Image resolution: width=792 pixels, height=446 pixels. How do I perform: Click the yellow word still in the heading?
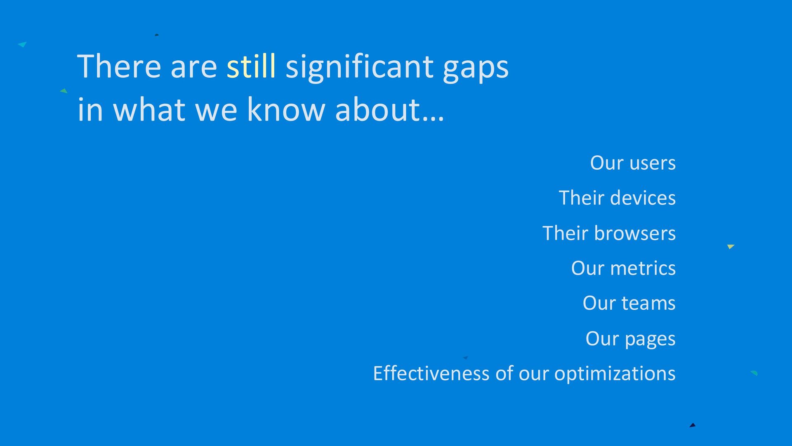coord(251,66)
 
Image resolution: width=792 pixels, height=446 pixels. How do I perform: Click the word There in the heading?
coord(119,66)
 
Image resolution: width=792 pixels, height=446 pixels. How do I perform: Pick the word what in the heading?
coord(149,109)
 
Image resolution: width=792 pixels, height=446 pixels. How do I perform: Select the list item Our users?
coord(633,163)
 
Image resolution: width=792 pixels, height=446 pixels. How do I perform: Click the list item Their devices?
coord(617,198)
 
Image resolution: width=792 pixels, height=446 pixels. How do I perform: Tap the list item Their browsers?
coord(609,233)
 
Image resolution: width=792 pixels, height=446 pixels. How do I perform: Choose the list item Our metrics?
coord(623,268)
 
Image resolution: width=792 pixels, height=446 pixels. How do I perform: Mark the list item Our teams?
coord(629,303)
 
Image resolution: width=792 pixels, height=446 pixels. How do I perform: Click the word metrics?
coord(643,268)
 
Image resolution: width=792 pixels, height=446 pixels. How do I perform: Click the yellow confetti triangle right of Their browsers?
coord(731,247)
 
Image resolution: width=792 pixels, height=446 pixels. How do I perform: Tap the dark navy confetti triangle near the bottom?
coord(693,425)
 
